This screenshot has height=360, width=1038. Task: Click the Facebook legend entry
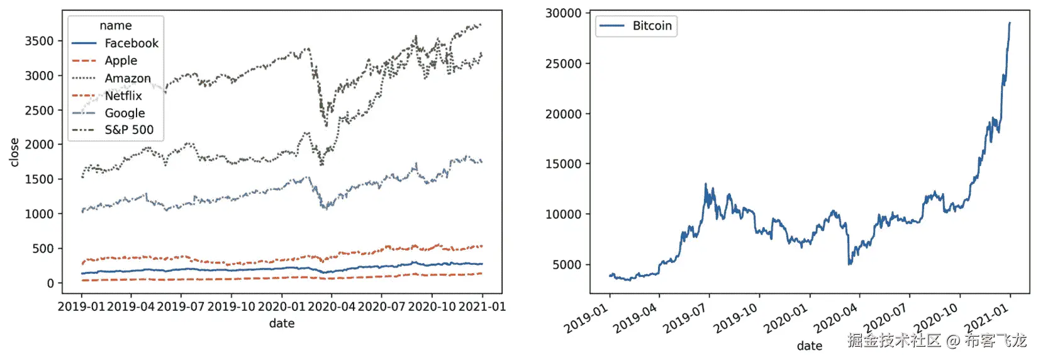[131, 43]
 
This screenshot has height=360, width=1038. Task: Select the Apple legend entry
[121, 61]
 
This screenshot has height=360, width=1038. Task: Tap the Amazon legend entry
[128, 79]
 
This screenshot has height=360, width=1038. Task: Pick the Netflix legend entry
[123, 96]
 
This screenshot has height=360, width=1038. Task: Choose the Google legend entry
[125, 113]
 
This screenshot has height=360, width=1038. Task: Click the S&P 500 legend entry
[129, 130]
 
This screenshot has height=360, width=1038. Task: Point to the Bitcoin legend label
[652, 26]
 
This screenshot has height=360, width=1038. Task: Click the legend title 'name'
[116, 26]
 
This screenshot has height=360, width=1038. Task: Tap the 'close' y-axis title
[14, 152]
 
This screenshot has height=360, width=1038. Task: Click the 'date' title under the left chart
[282, 323]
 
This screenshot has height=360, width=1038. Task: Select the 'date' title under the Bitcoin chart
[809, 346]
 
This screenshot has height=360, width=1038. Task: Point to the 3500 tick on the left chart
[39, 41]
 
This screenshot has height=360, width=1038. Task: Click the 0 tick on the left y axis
[50, 283]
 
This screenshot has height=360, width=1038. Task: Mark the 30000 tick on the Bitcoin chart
[563, 13]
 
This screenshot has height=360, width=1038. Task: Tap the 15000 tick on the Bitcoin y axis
[563, 164]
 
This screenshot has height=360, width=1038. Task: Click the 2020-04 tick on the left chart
[332, 307]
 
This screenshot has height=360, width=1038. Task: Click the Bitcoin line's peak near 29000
[1010, 23]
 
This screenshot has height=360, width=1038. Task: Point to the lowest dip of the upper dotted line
[326, 125]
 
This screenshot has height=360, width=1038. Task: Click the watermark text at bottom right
[937, 341]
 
